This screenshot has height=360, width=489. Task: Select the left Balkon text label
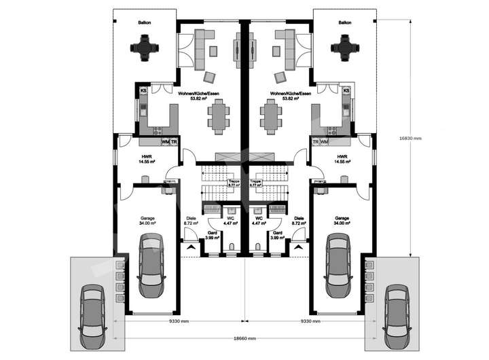click(x=144, y=22)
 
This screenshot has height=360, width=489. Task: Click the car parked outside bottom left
click(x=92, y=314)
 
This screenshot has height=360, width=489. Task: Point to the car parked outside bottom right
click(x=396, y=314)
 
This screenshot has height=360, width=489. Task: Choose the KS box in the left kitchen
click(x=143, y=90)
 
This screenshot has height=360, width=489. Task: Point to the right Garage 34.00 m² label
click(x=342, y=220)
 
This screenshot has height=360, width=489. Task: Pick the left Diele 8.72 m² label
click(x=191, y=220)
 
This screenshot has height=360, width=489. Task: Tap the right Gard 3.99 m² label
click(x=276, y=236)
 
